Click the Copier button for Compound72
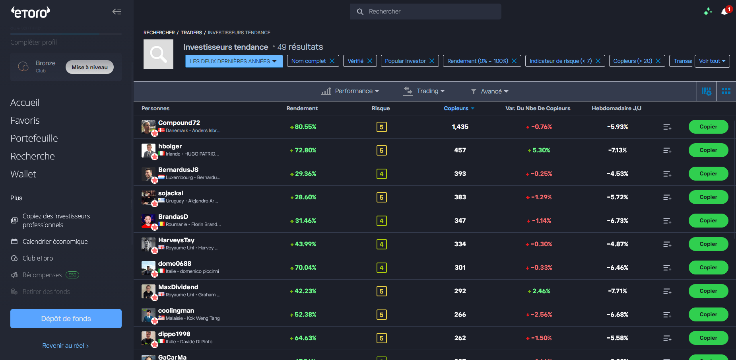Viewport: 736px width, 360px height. [x=708, y=127]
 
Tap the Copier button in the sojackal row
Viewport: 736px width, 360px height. [x=708, y=197]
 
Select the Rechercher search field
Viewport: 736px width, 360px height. [x=425, y=12]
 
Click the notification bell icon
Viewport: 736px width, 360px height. [x=724, y=12]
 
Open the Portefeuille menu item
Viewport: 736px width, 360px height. [x=34, y=138]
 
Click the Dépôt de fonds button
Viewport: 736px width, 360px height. [x=66, y=319]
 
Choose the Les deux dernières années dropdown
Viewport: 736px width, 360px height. [x=233, y=61]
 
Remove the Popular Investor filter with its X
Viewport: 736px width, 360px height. [x=432, y=61]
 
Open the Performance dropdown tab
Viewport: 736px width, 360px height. [x=350, y=91]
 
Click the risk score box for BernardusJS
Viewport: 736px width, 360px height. [x=381, y=174]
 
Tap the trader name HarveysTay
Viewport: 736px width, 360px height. [x=176, y=240]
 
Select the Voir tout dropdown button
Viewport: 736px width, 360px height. [x=712, y=61]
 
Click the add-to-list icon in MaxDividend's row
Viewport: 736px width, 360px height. [x=667, y=292]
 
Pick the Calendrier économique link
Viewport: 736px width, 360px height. [x=55, y=241]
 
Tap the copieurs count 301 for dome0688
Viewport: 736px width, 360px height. [x=460, y=268]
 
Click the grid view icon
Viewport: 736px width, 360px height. [x=726, y=91]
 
